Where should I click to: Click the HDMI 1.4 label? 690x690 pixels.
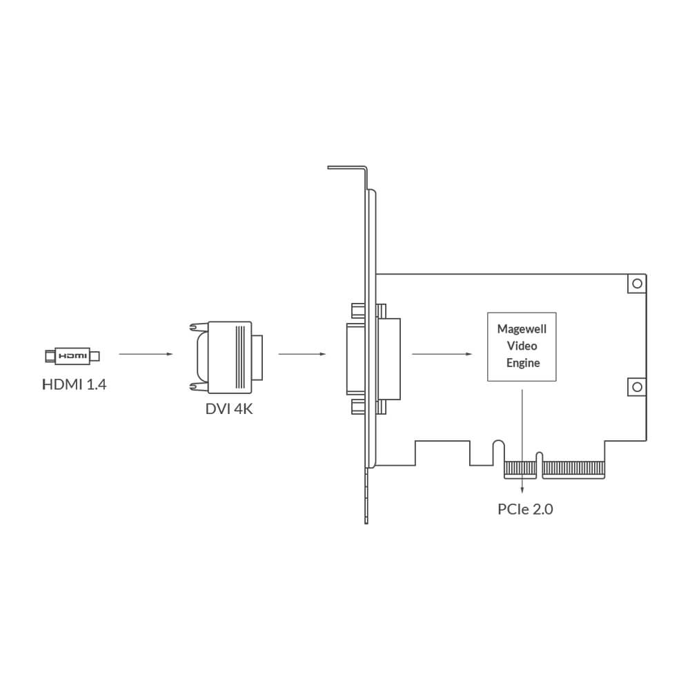(74, 384)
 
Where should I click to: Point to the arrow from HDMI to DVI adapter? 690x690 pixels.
(145, 355)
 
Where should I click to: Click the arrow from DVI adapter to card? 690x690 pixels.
(302, 355)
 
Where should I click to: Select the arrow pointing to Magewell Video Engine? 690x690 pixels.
(442, 355)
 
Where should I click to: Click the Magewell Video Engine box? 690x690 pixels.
(522, 347)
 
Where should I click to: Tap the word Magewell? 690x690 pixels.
(522, 330)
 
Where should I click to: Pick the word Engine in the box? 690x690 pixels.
(522, 363)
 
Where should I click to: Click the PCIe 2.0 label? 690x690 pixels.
(525, 510)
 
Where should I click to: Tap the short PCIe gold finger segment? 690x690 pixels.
(520, 469)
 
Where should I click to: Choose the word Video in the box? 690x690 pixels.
(522, 346)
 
